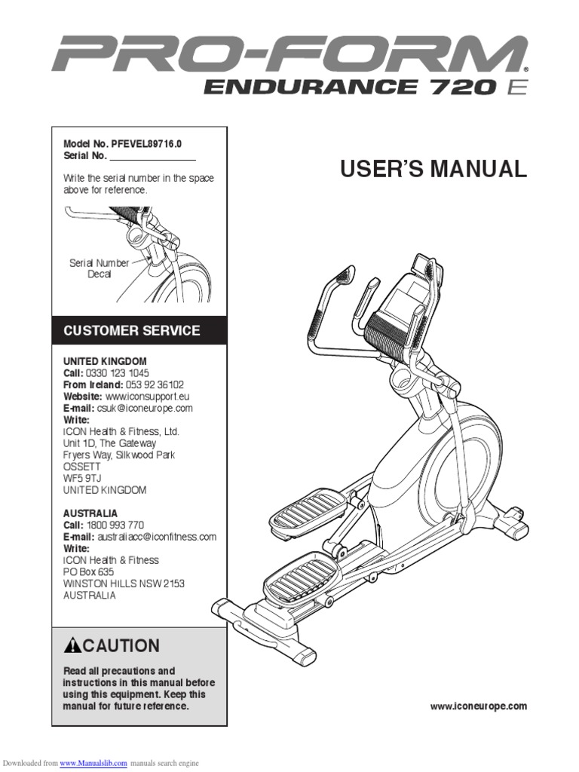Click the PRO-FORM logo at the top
[x=289, y=55]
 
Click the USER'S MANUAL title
[x=433, y=169]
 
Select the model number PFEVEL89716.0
[x=147, y=144]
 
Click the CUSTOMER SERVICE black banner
[x=139, y=330]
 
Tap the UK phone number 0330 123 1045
[x=117, y=373]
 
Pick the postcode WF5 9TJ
[x=82, y=478]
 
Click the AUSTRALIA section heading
[x=90, y=513]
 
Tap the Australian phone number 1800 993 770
[x=114, y=525]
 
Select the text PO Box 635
[x=89, y=572]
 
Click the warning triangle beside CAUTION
[x=72, y=645]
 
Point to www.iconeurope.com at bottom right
[x=478, y=706]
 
